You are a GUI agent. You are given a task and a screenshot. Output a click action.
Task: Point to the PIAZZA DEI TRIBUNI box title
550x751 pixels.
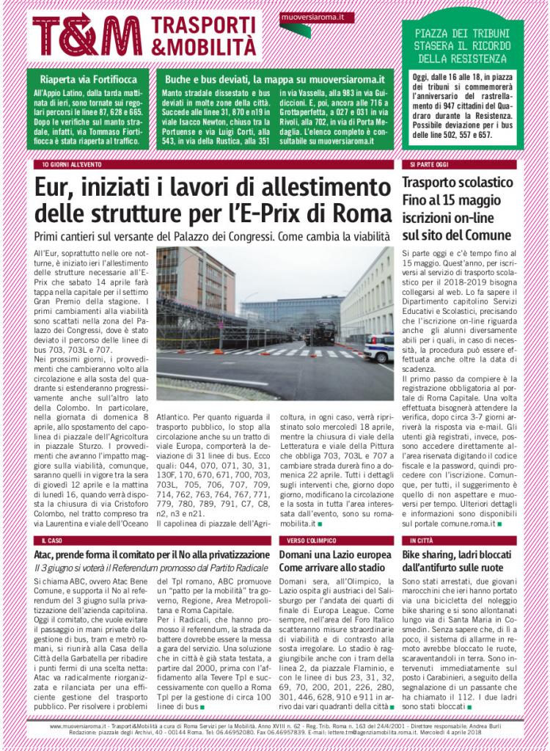pyautogui.click(x=461, y=46)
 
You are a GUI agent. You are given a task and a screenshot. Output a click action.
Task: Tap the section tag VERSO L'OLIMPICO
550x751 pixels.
pyautogui.click(x=306, y=540)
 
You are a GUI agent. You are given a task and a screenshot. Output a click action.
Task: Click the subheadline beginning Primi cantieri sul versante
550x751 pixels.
pyautogui.click(x=211, y=237)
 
